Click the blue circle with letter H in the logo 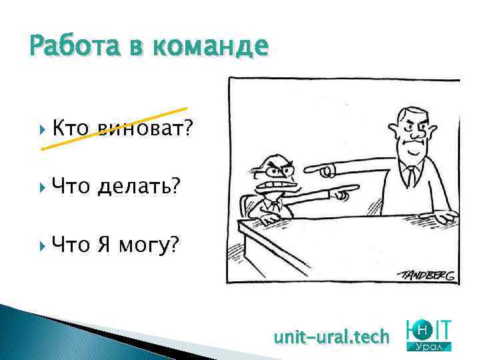pos(423,329)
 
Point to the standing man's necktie pos(411,175)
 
